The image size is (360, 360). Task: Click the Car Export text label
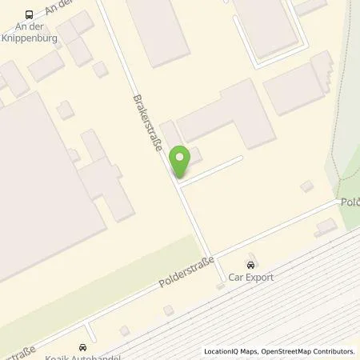pyautogui.click(x=251, y=278)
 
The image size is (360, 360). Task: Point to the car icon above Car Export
pyautogui.click(x=251, y=265)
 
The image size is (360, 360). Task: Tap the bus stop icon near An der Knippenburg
pyautogui.click(x=30, y=14)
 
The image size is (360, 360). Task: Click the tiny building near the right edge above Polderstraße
pyautogui.click(x=306, y=186)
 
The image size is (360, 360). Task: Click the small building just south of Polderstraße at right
pyautogui.click(x=326, y=227)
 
